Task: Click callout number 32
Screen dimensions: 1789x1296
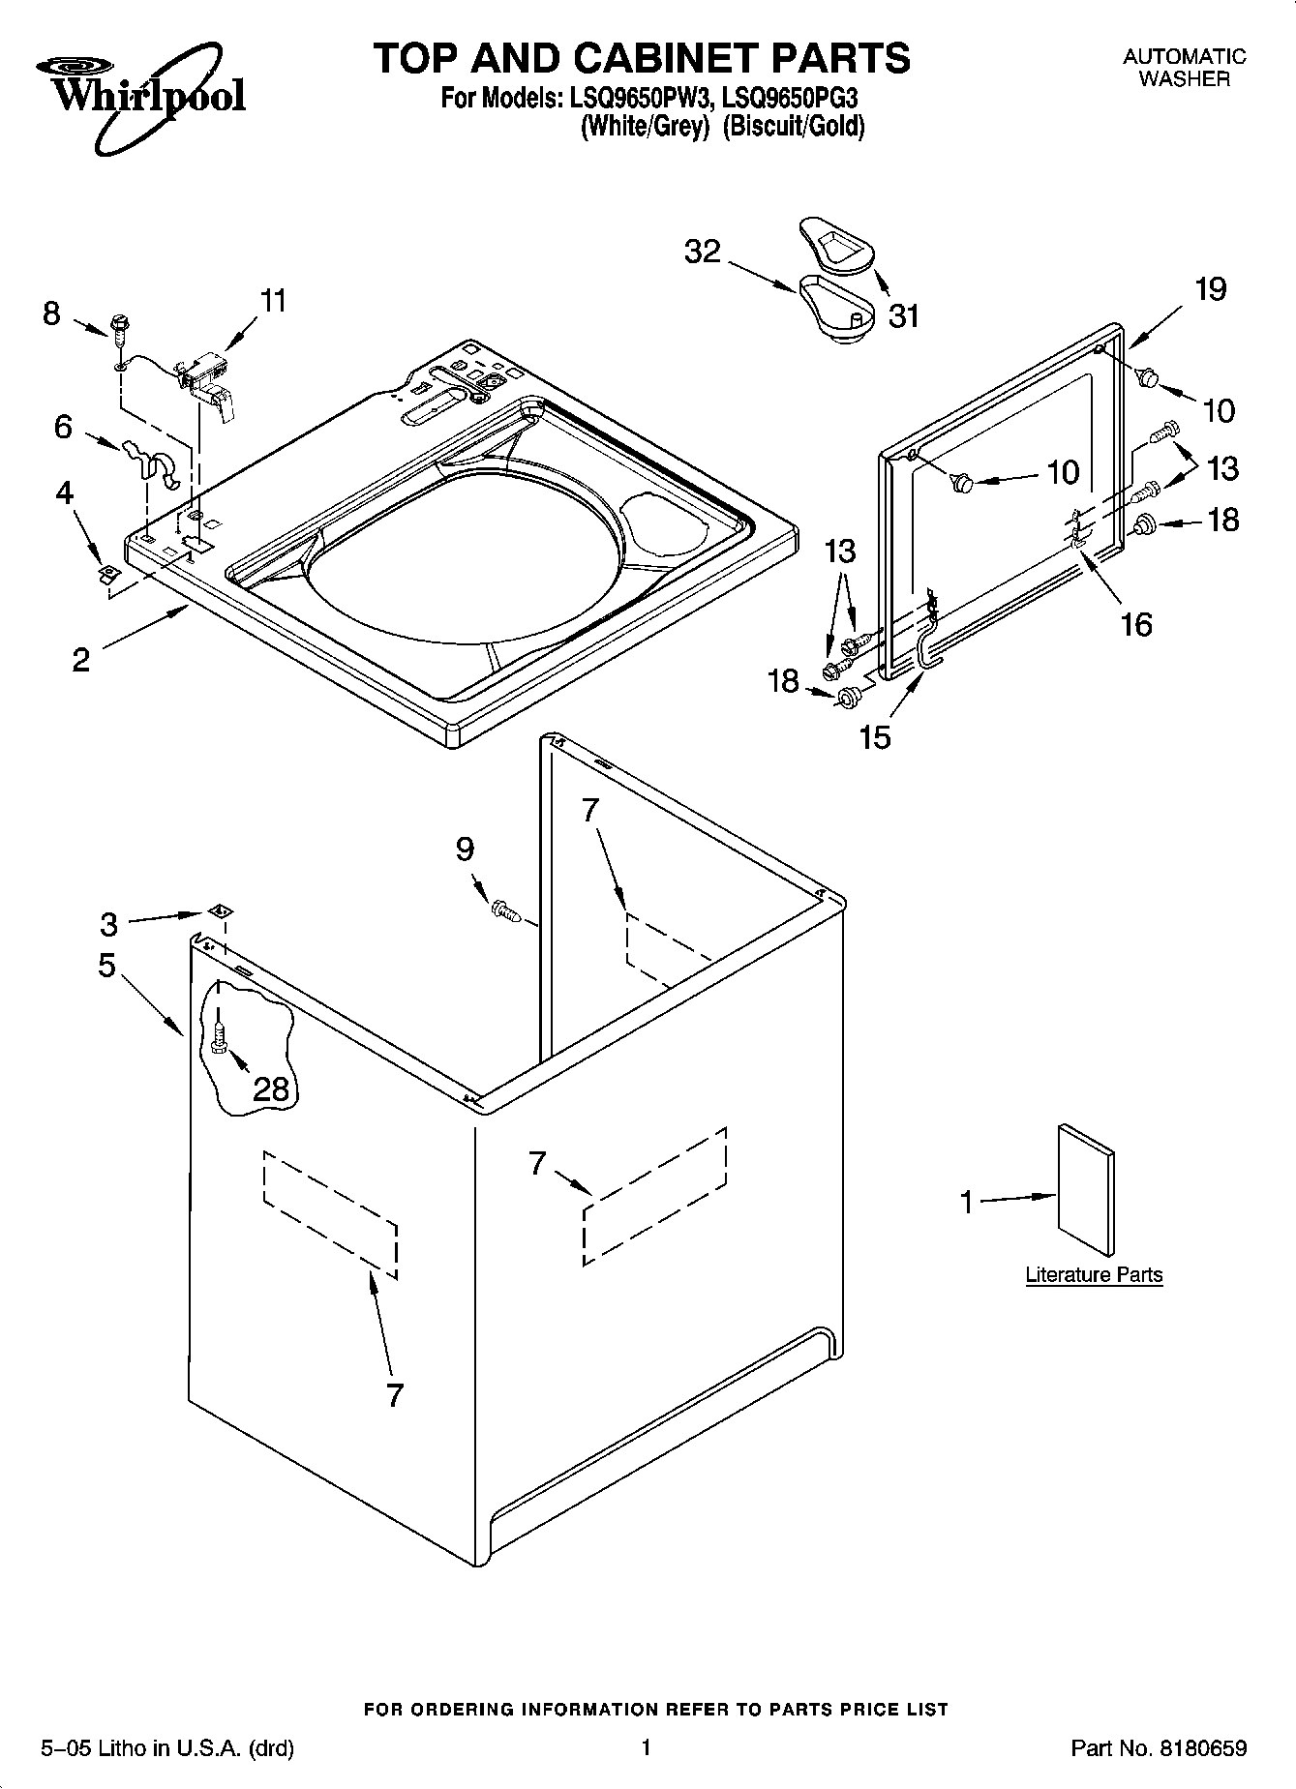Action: click(703, 252)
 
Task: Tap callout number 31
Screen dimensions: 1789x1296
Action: click(904, 315)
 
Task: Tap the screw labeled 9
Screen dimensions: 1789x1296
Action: click(505, 909)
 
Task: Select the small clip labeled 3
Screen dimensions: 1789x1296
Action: click(221, 910)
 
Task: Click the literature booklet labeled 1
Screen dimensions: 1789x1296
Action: click(1085, 1191)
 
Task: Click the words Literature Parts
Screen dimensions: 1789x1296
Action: click(1094, 1274)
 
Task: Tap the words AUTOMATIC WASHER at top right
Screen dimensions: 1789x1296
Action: click(1184, 68)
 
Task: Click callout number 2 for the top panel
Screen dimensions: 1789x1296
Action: click(81, 660)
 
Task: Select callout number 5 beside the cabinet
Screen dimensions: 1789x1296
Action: click(106, 965)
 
